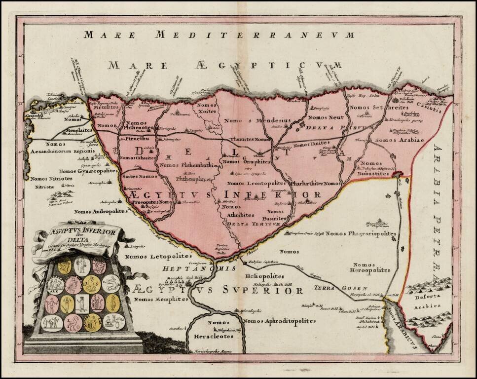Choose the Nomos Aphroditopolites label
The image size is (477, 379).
tap(279, 321)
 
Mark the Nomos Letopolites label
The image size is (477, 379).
tap(151, 257)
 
